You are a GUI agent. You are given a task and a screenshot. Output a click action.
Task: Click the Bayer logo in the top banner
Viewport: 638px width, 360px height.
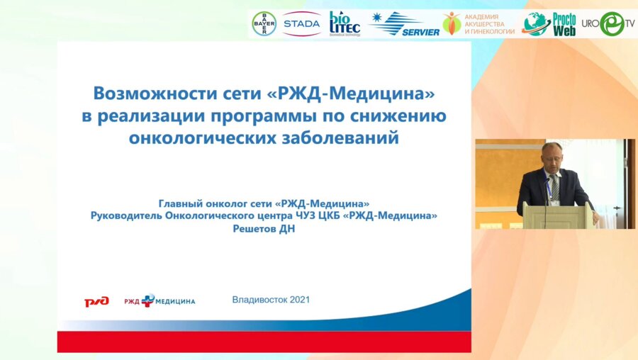264,23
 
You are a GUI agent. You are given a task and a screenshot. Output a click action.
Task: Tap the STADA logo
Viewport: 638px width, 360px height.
301,23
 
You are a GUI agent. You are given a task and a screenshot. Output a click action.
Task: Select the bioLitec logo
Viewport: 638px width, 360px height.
345,23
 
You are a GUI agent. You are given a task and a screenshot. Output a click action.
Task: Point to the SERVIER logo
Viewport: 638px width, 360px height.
404,24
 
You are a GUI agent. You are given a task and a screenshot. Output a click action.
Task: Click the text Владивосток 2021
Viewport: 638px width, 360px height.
271,300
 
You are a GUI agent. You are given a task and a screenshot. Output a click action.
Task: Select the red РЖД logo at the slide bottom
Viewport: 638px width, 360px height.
96,301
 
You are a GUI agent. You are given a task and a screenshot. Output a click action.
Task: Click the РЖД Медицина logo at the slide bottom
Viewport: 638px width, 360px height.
159,301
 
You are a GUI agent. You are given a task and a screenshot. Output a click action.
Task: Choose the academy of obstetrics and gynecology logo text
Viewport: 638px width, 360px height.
488,24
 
